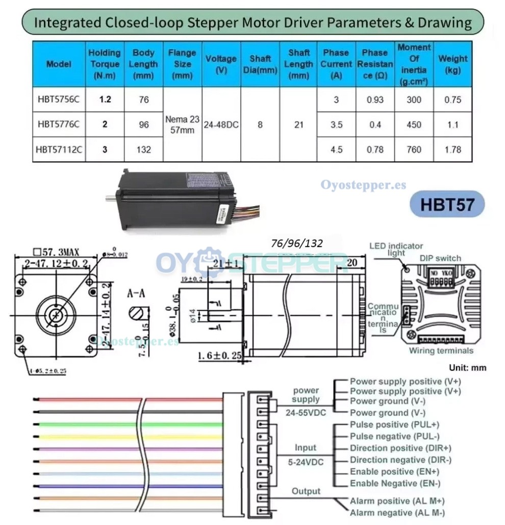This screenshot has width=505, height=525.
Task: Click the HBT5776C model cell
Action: click(59, 124)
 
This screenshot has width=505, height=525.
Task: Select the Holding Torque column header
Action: click(105, 64)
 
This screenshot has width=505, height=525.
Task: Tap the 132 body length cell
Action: click(144, 149)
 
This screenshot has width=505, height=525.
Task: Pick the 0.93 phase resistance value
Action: click(375, 99)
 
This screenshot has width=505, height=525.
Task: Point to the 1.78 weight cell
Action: click(452, 149)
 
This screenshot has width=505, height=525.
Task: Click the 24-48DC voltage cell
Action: click(221, 124)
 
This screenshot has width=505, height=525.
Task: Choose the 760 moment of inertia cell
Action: click(414, 149)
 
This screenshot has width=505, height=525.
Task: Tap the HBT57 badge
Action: click(447, 204)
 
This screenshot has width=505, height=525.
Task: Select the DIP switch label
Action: click(440, 258)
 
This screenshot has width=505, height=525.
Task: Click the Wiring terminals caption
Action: click(441, 351)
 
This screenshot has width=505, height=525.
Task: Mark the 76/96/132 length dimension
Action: click(297, 243)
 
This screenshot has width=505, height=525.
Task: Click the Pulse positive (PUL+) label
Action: click(394, 424)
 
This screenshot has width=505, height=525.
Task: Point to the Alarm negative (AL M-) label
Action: click(397, 513)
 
